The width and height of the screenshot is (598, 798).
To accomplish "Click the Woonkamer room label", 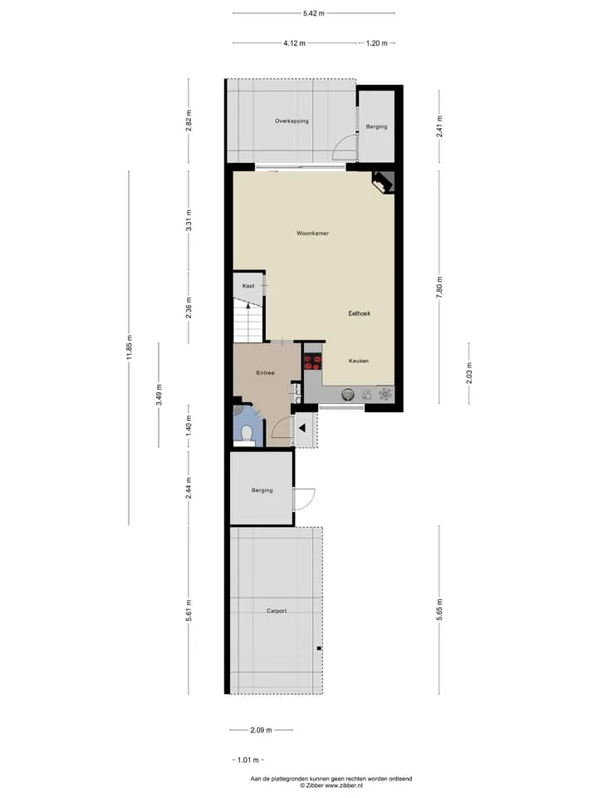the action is pyautogui.click(x=313, y=233).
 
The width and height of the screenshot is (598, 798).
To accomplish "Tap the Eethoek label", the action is pyautogui.click(x=359, y=313).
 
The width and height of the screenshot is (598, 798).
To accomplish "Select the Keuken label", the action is pyautogui.click(x=359, y=361).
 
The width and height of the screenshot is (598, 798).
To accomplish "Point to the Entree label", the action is pyautogui.click(x=266, y=373).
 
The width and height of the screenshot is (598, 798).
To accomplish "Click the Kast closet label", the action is pyautogui.click(x=248, y=286).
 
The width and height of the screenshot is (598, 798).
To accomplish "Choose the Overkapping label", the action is pyautogui.click(x=292, y=121).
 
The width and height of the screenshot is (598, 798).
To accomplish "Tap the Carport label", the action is pyautogui.click(x=277, y=611).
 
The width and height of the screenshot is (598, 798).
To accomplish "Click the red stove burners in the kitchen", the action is pyautogui.click(x=312, y=362).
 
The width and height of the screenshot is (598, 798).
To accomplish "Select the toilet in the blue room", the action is pyautogui.click(x=248, y=434).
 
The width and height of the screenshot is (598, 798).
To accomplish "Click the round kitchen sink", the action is pyautogui.click(x=348, y=394).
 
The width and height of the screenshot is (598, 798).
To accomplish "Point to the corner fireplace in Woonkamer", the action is pyautogui.click(x=383, y=182).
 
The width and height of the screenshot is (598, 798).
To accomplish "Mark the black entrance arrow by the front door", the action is pyautogui.click(x=302, y=429).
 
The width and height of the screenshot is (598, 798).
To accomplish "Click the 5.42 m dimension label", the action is pyautogui.click(x=314, y=14).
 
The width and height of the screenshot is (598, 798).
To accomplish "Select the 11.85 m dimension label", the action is pyautogui.click(x=130, y=347).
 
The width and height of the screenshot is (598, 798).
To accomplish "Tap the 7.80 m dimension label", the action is pyautogui.click(x=439, y=287).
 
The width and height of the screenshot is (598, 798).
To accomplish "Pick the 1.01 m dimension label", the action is pyautogui.click(x=248, y=761).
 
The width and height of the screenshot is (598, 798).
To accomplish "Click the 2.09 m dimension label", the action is pyautogui.click(x=261, y=731).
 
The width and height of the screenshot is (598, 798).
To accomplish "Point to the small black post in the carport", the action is pyautogui.click(x=319, y=648).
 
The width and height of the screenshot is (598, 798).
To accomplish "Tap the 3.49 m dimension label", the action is pyautogui.click(x=159, y=395).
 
